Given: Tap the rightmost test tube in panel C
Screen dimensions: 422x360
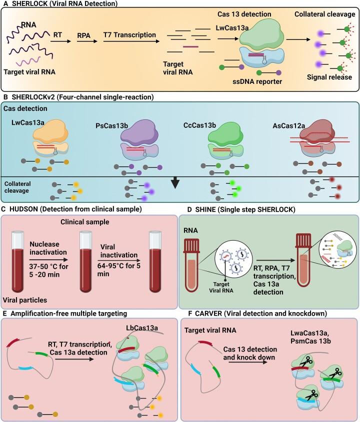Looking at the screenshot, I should click(x=159, y=257).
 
